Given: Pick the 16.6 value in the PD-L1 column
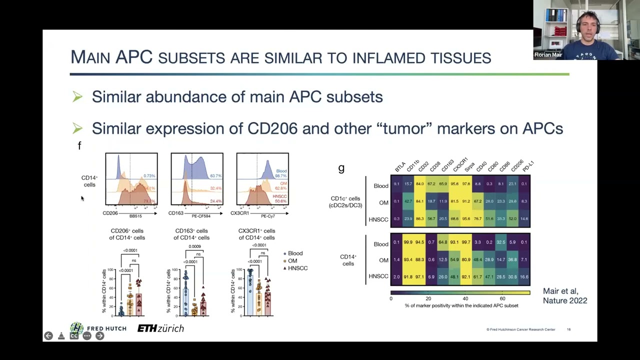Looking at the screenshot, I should click(x=523, y=276).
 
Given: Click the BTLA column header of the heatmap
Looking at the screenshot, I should click(x=399, y=167).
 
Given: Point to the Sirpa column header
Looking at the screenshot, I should click(x=469, y=167).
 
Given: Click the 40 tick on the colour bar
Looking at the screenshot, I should click(x=465, y=298).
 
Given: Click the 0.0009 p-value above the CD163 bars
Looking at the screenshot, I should click(x=194, y=246).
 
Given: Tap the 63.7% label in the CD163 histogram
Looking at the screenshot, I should click(x=215, y=176).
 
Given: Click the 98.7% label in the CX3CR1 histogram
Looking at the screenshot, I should click(x=281, y=176).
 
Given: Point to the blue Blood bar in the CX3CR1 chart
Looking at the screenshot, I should click(x=250, y=295).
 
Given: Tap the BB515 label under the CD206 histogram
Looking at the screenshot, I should click(x=135, y=216).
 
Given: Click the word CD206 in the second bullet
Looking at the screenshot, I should click(x=272, y=128).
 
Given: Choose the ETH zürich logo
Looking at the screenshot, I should click(x=160, y=328).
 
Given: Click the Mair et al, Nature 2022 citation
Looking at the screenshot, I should click(x=564, y=296).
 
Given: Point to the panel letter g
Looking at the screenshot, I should click(x=341, y=169).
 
